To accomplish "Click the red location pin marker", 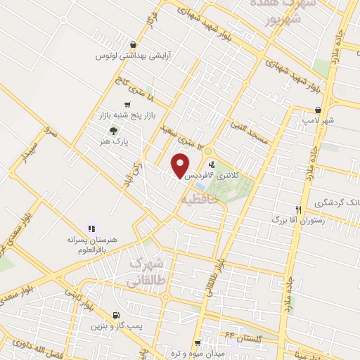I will [181, 165].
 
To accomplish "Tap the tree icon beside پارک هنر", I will [115, 129].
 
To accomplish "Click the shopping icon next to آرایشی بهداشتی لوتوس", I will [133, 45].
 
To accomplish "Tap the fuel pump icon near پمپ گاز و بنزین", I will [116, 315].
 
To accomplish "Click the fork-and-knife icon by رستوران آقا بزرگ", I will [298, 210].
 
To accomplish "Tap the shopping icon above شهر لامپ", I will [319, 110].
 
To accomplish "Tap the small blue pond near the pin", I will [200, 186].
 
